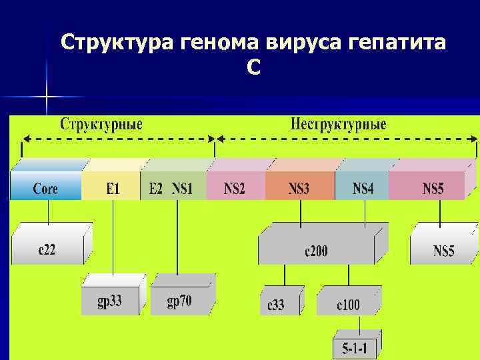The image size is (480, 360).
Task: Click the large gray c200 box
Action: click(x=316, y=249)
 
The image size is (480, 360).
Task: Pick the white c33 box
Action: click(x=276, y=304)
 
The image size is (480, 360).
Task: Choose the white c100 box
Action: click(x=347, y=304)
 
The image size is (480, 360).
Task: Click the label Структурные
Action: click(x=101, y=125)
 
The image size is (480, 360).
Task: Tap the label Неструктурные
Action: click(x=339, y=125)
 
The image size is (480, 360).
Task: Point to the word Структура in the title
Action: click(x=117, y=43)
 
